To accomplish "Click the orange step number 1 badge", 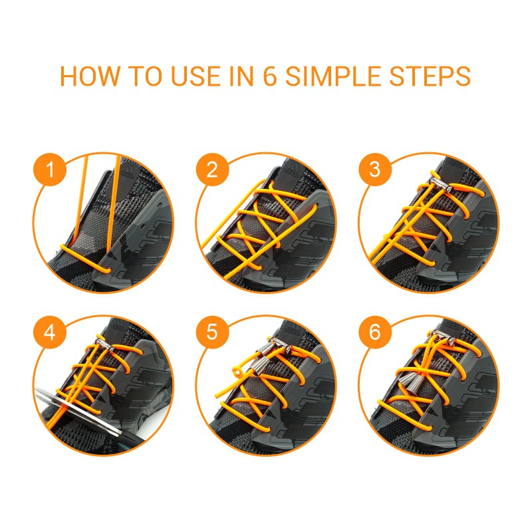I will coord(51,170).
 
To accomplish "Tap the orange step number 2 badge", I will coord(212,170).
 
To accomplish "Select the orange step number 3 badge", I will coord(375,170).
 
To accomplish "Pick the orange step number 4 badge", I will coord(51,332).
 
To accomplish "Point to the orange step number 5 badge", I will coord(212,332).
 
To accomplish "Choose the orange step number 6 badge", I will coord(375,332).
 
